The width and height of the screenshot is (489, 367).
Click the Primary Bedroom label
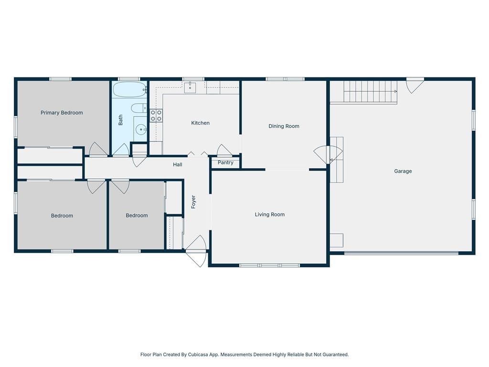point(62,113)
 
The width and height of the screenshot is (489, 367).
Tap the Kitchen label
point(200,123)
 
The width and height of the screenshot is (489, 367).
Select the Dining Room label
point(284,126)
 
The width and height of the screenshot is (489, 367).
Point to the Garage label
point(403,171)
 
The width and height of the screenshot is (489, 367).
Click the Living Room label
point(270,215)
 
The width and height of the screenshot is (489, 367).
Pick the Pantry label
point(225,162)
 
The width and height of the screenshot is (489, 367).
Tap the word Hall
point(178,164)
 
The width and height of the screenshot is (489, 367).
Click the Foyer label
point(193,202)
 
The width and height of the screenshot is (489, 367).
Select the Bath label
point(120,120)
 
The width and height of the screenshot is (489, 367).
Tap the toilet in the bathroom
point(139,108)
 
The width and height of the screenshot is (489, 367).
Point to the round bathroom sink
point(141,129)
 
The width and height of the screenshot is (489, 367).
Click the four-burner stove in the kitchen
point(156,116)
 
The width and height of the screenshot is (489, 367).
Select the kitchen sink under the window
point(190,88)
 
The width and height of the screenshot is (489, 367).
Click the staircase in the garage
point(363,92)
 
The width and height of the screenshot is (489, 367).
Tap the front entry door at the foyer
point(196,251)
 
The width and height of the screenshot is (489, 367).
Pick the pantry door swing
point(224,150)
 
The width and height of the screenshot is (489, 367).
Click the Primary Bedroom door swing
point(98,149)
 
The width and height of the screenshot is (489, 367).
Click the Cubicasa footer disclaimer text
point(244,355)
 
